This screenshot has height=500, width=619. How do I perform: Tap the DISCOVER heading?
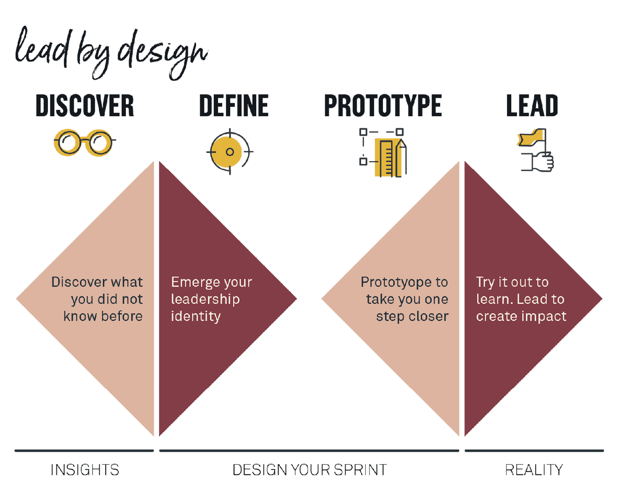pos(85,106)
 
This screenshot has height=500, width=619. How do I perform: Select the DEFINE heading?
pos(234,106)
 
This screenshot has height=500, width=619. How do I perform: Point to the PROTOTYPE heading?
pos(383,106)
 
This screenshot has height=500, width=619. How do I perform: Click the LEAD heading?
pos(532,106)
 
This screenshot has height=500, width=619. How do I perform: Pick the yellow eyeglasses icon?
pos(84,142)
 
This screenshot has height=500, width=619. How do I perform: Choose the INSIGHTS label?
pos(85,470)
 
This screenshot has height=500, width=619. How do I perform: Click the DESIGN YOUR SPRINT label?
pos(310,470)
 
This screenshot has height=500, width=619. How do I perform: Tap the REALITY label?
pos(534,470)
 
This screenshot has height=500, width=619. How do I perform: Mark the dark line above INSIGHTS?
pos(84,451)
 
